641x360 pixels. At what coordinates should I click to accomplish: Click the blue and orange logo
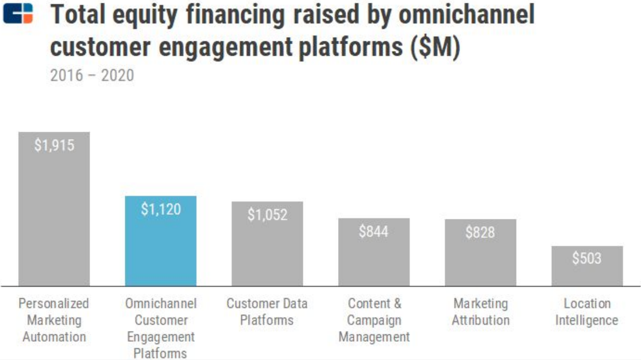coord(18,13)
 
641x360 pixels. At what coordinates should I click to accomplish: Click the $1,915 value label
coord(54,145)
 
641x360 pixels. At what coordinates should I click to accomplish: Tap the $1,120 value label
coord(161,209)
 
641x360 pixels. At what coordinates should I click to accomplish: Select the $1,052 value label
coord(267,215)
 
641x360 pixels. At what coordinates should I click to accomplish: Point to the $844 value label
coord(374,232)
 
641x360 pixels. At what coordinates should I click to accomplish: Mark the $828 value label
coord(480,232)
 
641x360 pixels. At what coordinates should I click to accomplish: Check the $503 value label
coord(587,259)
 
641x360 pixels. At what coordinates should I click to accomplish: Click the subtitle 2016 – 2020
coord(92,75)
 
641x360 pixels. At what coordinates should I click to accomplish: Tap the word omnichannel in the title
coord(467,15)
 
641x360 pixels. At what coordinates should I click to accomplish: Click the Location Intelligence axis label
coord(587,312)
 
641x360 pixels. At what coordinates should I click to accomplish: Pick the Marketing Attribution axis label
coord(481,312)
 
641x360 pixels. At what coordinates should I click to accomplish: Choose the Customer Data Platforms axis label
coord(267,312)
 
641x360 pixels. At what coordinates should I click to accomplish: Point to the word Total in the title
coord(78,15)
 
